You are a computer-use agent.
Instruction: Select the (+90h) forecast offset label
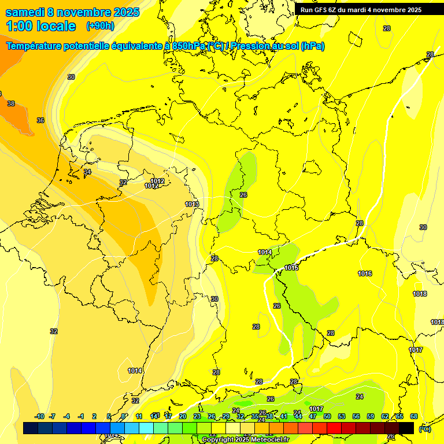(100, 26)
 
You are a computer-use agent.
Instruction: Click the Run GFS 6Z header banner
(361, 9)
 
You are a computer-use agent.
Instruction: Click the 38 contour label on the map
(11, 103)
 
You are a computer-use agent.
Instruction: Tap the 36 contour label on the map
(40, 120)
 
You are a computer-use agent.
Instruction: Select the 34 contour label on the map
(87, 172)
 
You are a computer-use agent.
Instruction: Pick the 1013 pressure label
(193, 204)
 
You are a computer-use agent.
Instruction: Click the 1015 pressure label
(291, 268)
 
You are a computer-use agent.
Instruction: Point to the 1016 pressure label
(365, 273)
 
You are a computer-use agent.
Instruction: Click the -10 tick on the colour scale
(39, 416)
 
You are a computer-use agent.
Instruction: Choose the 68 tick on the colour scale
(414, 416)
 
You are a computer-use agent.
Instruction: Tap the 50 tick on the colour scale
(327, 416)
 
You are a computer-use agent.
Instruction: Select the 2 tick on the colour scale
(94, 416)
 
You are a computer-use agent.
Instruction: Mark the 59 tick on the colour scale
(371, 416)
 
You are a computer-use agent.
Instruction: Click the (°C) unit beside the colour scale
(425, 428)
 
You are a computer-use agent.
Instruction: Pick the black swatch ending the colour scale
(406, 428)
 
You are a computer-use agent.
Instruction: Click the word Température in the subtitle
(36, 46)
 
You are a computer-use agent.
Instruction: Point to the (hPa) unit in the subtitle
(312, 46)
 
